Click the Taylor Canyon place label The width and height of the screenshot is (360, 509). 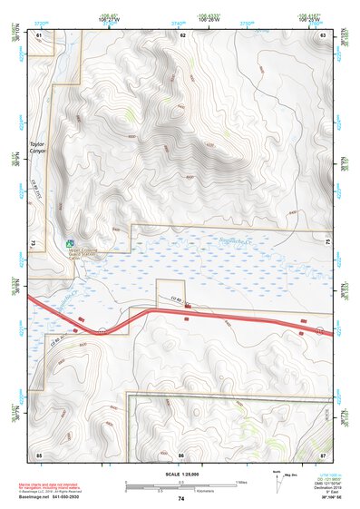[37, 148]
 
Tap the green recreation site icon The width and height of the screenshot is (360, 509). [70, 243]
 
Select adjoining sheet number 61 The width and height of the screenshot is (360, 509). [39, 34]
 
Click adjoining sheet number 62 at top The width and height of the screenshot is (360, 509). [182, 34]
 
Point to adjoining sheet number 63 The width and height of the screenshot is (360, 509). [323, 34]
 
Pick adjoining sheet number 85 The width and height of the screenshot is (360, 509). [39, 453]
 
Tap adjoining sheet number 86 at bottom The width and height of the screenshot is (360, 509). [181, 453]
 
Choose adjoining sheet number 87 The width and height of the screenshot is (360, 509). [323, 453]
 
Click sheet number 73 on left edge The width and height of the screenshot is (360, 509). [33, 244]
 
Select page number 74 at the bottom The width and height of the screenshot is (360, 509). [181, 499]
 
